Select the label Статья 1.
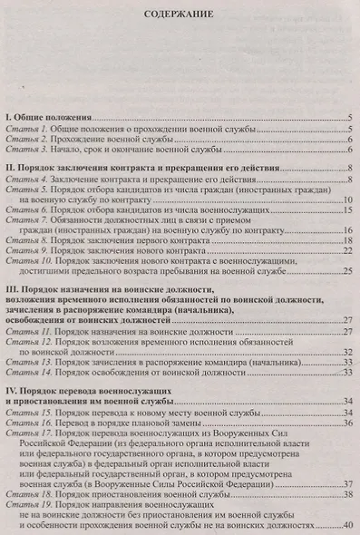click(x=26, y=131)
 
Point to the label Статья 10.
click(x=28, y=260)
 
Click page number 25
click(x=346, y=270)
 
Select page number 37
click(x=346, y=484)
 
